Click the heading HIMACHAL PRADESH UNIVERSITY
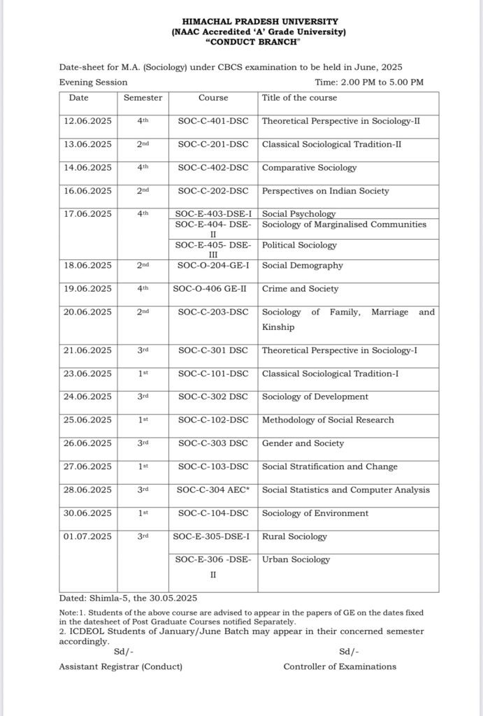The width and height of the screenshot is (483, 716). (x=259, y=22)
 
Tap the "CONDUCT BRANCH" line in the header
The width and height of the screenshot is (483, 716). (x=259, y=42)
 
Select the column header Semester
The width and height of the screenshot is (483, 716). (x=143, y=98)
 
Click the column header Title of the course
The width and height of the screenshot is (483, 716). (x=299, y=98)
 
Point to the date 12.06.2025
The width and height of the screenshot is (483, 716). (x=87, y=121)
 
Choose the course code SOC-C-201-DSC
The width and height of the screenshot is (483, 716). (x=213, y=145)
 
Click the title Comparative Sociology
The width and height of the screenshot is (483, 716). (x=309, y=168)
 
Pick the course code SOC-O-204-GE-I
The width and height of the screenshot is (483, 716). (x=213, y=266)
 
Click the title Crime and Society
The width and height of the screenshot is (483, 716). (x=300, y=289)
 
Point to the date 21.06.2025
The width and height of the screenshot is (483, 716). (x=87, y=350)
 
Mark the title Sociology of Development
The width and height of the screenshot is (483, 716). (x=315, y=396)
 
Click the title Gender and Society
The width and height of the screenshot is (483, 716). (x=303, y=443)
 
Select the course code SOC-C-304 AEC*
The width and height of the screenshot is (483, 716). (x=213, y=489)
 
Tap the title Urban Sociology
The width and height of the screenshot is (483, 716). (x=296, y=559)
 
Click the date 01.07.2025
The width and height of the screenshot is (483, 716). (x=87, y=536)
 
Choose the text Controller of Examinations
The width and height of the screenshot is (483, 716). (x=340, y=666)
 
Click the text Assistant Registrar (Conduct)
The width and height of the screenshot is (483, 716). (x=121, y=666)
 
